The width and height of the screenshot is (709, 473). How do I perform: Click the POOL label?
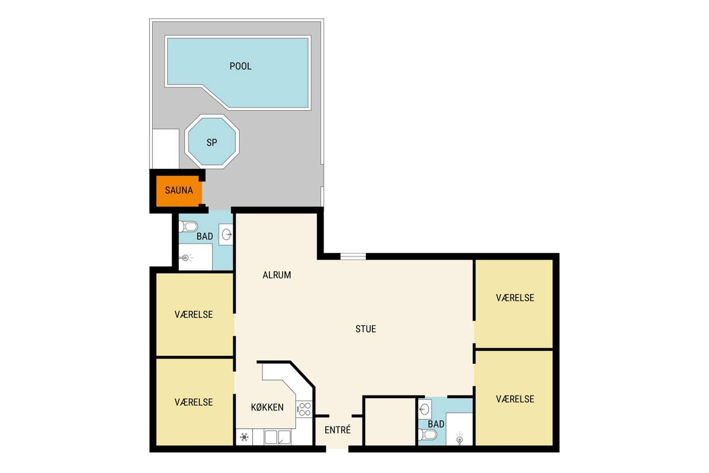[240, 66]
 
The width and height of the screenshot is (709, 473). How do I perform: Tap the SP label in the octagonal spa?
[212, 143]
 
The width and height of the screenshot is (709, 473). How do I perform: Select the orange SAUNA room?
[179, 190]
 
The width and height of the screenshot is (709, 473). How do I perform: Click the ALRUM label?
[276, 275]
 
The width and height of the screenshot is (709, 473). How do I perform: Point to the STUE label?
[365, 329]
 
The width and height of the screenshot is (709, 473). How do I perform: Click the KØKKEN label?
[267, 407]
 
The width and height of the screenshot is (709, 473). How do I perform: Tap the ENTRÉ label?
[337, 430]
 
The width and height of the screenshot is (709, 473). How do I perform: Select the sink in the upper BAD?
[226, 234]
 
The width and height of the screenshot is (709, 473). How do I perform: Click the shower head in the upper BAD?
[186, 257]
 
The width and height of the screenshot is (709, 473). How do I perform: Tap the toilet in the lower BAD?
[427, 434]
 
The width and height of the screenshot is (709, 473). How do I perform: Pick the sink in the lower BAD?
[425, 409]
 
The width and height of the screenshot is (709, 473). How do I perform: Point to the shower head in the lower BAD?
[460, 439]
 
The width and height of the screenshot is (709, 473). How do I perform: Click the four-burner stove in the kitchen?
[304, 409]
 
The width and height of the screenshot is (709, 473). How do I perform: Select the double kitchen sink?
[278, 437]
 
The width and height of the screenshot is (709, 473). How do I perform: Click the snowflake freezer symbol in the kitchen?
[244, 437]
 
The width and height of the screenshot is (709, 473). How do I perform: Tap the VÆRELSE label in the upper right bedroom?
[515, 298]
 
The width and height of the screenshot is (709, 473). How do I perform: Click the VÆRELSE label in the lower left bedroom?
[194, 402]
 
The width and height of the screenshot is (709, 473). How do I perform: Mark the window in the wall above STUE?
[353, 256]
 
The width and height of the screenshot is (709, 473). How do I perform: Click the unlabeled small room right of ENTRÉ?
[390, 422]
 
